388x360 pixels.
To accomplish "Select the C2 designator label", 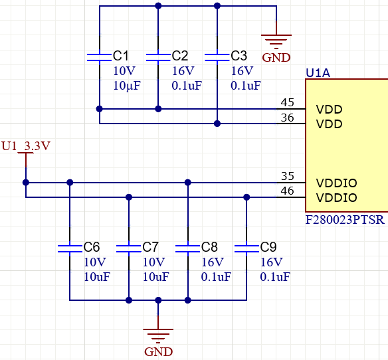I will coord(180,56).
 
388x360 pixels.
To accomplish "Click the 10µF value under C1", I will coord(127,86).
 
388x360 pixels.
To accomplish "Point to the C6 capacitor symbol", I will coord(69,248).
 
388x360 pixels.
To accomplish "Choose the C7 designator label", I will coord(151,247).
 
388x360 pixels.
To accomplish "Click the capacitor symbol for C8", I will coord(187,248).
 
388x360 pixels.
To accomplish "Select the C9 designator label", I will coord(268,247).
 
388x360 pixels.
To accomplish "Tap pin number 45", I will coord(288,102).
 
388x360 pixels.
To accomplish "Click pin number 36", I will coord(288,118).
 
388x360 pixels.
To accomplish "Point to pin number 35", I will coord(288,176).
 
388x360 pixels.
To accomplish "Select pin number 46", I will coord(288,191).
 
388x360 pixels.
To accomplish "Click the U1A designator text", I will coord(318,72).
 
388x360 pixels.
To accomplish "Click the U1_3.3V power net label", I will coord(26,145).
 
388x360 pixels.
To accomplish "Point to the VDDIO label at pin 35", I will coord(336,183).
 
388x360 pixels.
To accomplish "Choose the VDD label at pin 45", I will coord(329,109).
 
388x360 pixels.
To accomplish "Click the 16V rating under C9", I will coord(271,262).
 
